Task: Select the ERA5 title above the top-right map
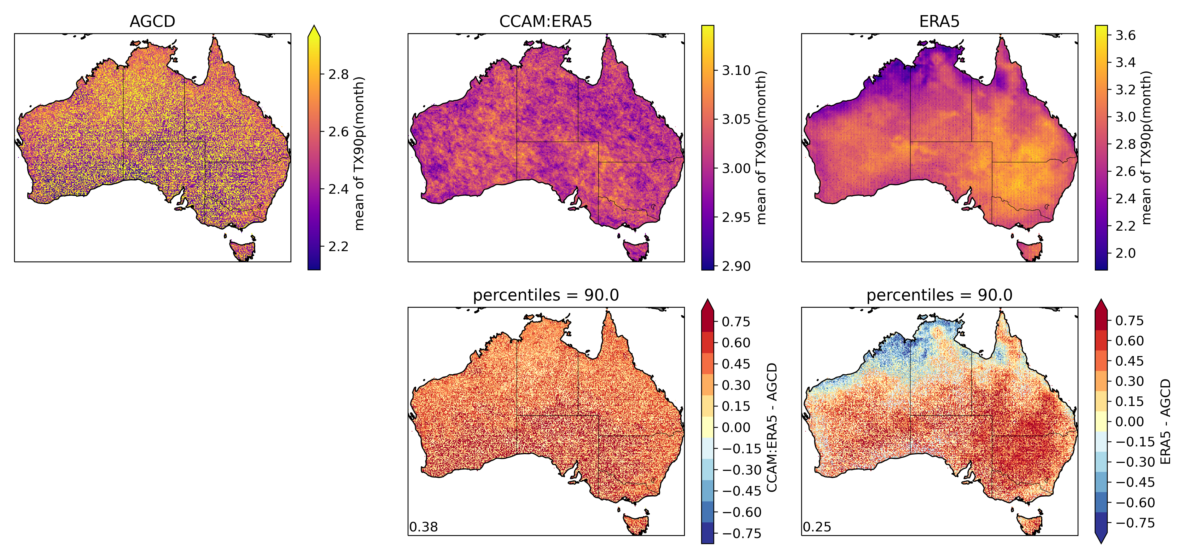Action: tap(939, 21)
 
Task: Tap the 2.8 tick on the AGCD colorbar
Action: tap(338, 74)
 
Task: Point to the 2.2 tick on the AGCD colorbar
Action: tap(338, 246)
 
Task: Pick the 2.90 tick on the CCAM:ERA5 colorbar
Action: tap(736, 266)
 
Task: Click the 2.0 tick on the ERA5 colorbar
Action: tap(1125, 253)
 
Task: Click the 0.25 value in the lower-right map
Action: tap(817, 527)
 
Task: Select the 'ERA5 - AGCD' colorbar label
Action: tap(1165, 421)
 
